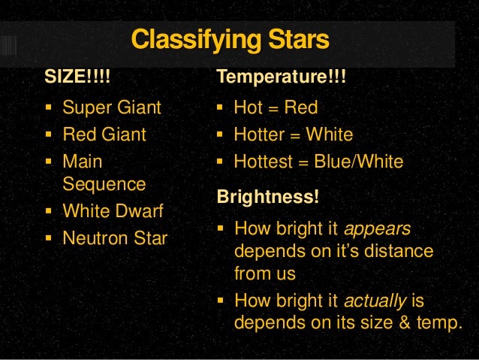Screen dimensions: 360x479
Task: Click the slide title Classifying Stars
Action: [230, 40]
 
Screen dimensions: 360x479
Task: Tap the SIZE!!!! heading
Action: [81, 78]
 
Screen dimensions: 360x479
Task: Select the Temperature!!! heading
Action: [281, 78]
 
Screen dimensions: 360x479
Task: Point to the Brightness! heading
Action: [267, 197]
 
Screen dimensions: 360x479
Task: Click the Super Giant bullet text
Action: [112, 107]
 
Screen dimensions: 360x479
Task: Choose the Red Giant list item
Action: [104, 135]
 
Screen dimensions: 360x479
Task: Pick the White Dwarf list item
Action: [113, 211]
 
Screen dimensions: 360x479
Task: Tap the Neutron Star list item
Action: [115, 239]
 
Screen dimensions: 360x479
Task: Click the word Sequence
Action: [104, 184]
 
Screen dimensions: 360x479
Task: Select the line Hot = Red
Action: [276, 107]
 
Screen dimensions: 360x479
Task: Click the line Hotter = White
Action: [293, 135]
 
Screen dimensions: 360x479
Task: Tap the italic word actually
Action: [375, 301]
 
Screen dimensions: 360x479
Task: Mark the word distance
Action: [399, 250]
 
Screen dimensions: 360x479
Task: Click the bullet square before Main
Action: [50, 162]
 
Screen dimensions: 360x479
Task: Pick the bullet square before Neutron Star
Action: [50, 238]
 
